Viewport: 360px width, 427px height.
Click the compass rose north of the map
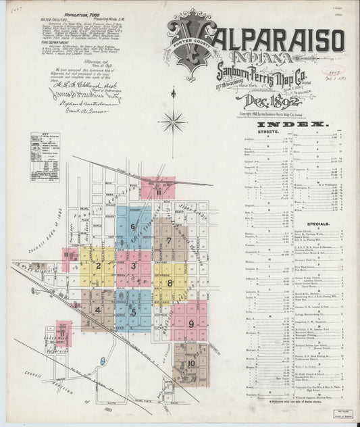point(174,122)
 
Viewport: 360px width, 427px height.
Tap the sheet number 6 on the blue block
point(133,226)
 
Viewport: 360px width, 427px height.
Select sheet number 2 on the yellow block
point(99,266)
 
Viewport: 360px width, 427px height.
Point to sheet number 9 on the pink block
point(191,324)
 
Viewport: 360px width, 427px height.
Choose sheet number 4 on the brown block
point(98,310)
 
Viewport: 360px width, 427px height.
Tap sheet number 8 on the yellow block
point(170,283)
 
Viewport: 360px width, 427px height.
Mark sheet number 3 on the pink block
point(134,266)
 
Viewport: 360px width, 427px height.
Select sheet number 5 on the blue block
point(134,311)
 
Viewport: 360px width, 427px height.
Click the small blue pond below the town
point(102,361)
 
